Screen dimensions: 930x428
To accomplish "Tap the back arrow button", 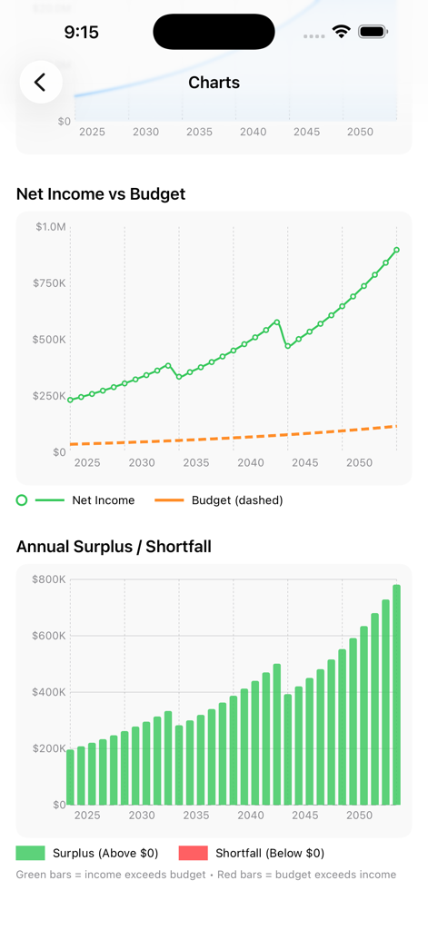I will [41, 83].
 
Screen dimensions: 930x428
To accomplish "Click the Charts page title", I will [214, 83].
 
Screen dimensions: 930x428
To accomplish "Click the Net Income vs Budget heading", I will [101, 193].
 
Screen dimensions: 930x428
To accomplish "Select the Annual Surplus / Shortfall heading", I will [114, 546].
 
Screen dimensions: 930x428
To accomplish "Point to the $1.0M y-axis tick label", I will [51, 226].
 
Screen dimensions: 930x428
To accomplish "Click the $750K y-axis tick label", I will [51, 283].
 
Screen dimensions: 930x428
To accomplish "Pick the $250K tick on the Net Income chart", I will [51, 396].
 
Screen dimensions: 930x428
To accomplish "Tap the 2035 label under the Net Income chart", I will [195, 463].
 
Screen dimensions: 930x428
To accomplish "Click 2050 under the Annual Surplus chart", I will [359, 816].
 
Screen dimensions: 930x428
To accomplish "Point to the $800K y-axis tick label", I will [49, 579].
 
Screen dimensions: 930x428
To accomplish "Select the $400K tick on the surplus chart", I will [49, 692].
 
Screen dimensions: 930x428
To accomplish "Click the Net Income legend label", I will [104, 500].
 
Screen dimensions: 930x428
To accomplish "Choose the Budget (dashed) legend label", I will [237, 500].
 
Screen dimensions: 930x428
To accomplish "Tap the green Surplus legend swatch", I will [30, 853].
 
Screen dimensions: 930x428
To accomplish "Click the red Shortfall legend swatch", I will [193, 853].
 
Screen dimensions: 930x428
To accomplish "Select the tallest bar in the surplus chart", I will [396, 695].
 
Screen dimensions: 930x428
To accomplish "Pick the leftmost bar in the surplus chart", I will [70, 777].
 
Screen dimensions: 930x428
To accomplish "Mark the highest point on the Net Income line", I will [396, 250].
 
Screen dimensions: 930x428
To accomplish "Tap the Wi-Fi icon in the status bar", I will [342, 32].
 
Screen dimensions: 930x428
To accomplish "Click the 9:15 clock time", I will [81, 33].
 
